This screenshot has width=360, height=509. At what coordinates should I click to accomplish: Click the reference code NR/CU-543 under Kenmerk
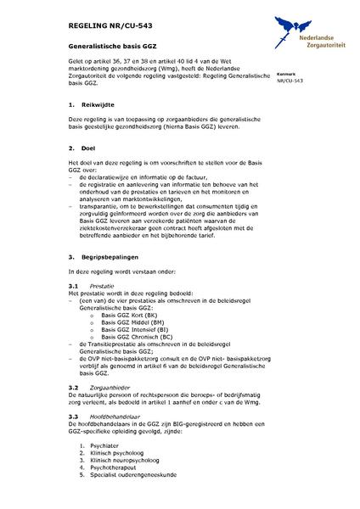(290, 81)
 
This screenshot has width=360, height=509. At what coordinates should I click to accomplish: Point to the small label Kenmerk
(287, 75)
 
